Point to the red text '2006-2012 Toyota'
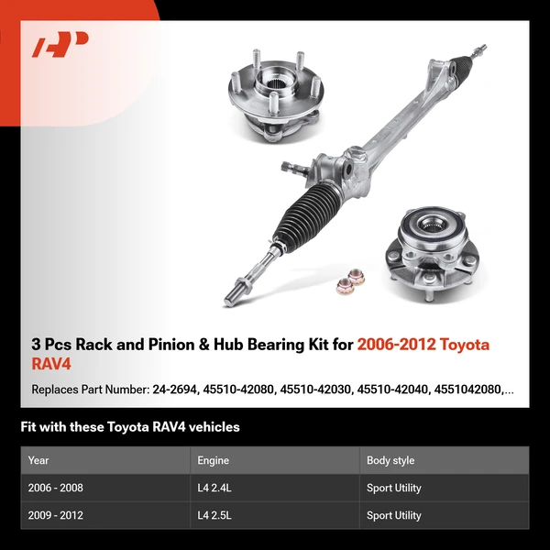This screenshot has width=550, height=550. point(423,345)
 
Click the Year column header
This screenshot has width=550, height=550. point(38,460)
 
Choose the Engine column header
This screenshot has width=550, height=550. point(213,460)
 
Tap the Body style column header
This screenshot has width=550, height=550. point(390,460)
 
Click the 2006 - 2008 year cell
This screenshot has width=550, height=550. point(55,488)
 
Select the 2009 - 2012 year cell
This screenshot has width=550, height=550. point(55,515)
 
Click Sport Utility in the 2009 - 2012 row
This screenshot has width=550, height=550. point(394,515)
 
